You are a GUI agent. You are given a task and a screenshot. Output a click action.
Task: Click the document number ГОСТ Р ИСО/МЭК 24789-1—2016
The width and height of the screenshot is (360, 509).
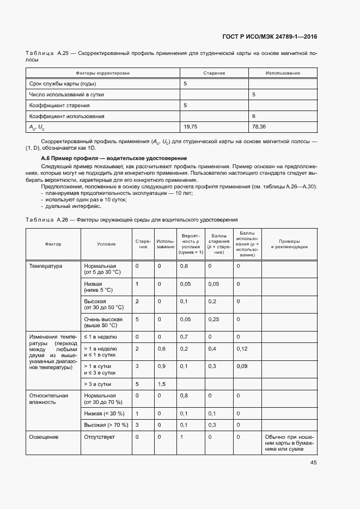[270, 37]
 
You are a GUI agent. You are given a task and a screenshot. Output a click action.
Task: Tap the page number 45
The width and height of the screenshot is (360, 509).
[313, 463]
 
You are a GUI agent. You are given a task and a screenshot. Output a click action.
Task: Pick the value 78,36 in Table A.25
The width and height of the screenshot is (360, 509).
[259, 127]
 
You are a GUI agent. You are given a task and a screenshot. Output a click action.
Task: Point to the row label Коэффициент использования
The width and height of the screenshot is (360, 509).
[66, 116]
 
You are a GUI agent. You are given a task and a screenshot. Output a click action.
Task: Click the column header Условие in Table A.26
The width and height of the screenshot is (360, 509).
[106, 244]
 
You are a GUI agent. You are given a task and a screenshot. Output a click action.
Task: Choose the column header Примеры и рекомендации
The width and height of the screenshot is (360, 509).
[289, 244]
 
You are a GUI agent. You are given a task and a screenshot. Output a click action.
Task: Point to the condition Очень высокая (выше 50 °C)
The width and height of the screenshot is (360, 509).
[103, 322]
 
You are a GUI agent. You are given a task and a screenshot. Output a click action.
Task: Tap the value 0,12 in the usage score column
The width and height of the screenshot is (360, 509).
[242, 348]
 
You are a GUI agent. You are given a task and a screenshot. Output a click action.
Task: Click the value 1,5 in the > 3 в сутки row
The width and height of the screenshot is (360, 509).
[162, 384]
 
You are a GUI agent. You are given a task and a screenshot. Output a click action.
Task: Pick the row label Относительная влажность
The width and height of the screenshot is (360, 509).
[48, 399]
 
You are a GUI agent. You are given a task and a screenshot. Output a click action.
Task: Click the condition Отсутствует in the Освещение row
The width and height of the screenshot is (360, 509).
[100, 437]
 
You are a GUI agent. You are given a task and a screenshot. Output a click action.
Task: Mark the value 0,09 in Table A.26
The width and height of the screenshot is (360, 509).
[242, 366]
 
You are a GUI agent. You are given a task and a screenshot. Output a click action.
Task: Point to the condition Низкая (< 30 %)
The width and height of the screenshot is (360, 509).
[104, 414]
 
